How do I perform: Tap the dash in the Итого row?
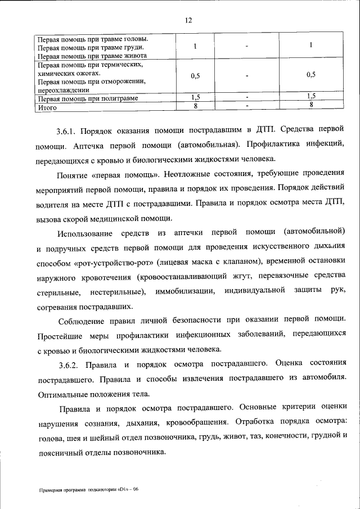pos(246,106)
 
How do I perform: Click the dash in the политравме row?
pos(246,98)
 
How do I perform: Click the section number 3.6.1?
pos(66,131)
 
